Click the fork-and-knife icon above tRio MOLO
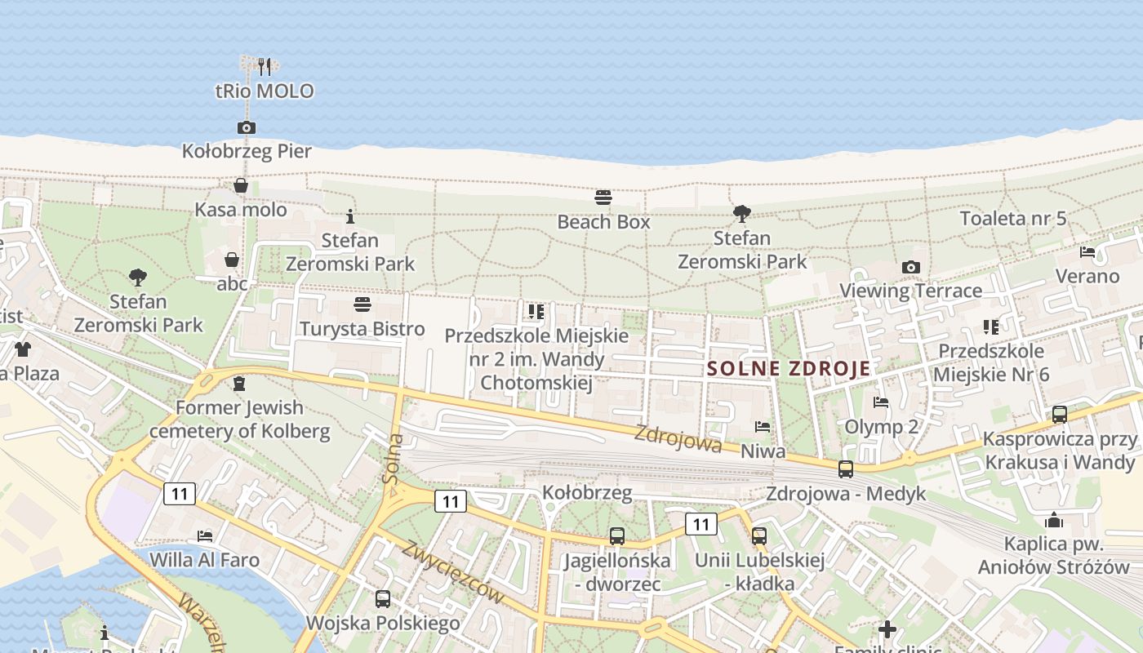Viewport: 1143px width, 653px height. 264,66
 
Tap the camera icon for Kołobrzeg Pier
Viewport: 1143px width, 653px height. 247,127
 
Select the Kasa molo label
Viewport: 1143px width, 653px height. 241,210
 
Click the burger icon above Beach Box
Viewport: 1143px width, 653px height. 603,198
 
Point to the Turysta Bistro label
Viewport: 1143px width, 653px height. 362,329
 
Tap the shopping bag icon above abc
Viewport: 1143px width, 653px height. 232,260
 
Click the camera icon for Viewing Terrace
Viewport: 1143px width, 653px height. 911,267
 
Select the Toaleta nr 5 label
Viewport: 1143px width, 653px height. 1013,218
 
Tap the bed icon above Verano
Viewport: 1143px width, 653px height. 1087,252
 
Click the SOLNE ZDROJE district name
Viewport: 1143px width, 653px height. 789,368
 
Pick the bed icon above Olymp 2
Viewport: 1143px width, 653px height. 881,402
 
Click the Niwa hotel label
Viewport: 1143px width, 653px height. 763,451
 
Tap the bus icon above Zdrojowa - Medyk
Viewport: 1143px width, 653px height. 846,469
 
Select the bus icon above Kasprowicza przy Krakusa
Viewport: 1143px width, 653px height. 1060,415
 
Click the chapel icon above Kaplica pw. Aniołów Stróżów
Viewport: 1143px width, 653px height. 1054,520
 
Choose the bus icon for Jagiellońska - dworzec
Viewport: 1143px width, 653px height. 617,536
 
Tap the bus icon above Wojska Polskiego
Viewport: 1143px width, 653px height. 383,599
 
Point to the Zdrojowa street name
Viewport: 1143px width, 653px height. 678,439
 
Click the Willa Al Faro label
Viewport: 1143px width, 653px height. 216,560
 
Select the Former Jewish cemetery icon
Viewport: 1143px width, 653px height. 239,383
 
